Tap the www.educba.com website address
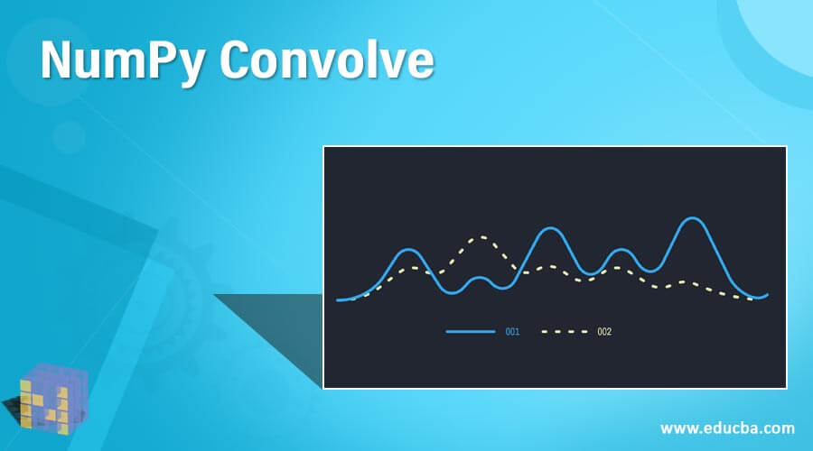[727, 427]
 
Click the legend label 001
[512, 332]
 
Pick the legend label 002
[604, 332]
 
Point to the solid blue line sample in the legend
[471, 332]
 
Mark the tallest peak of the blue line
[692, 219]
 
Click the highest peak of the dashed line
[481, 238]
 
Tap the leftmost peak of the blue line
[408, 250]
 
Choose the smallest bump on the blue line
[481, 278]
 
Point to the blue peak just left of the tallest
[621, 250]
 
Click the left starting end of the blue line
[339, 299]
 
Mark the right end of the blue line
[767, 294]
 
